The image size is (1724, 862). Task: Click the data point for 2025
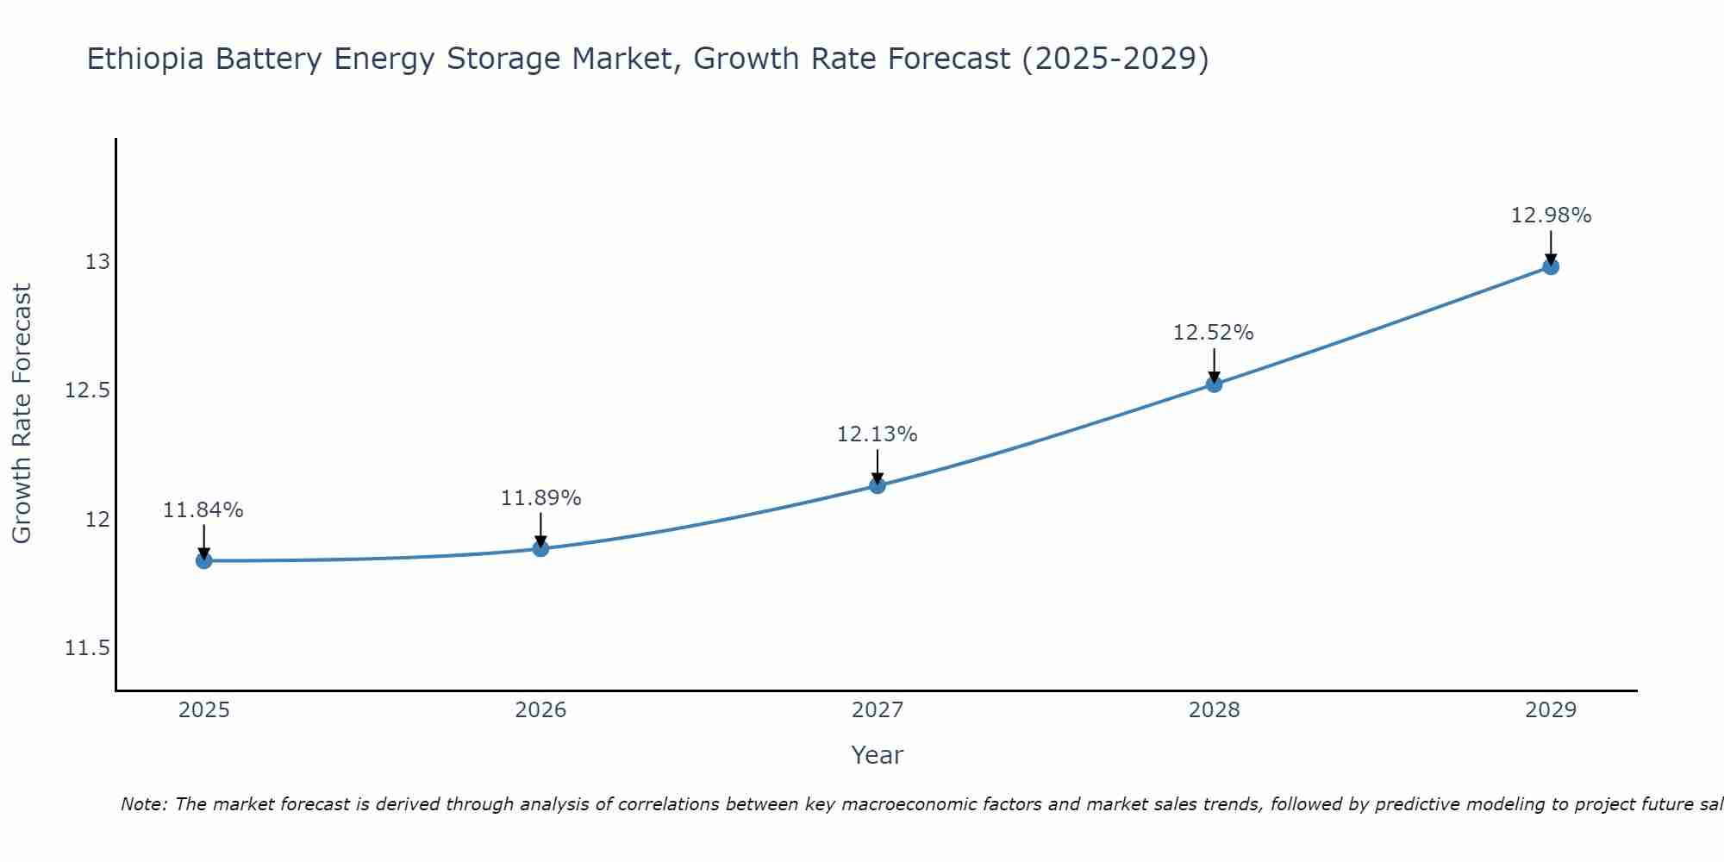(x=204, y=560)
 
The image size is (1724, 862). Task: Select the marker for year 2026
(x=540, y=548)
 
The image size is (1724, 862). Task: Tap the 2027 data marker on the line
(x=878, y=485)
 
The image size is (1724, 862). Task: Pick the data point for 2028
(x=1214, y=384)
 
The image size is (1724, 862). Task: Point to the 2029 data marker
(x=1551, y=266)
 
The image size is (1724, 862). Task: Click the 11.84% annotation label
(x=203, y=510)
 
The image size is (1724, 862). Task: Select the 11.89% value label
(x=540, y=498)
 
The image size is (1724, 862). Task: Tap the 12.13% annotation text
(x=877, y=434)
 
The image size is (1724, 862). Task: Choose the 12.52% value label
(x=1213, y=333)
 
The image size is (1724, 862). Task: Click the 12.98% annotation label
(x=1551, y=215)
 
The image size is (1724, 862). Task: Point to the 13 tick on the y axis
(x=97, y=262)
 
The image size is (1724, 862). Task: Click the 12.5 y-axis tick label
(x=87, y=390)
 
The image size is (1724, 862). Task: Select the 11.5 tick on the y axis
(x=87, y=648)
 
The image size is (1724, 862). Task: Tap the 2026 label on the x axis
(x=540, y=710)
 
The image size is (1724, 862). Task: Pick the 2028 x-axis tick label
(x=1214, y=710)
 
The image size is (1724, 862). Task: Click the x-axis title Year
(x=877, y=755)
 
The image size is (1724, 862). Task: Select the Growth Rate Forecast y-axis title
(x=22, y=414)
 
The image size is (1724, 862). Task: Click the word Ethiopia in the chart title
(x=146, y=59)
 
